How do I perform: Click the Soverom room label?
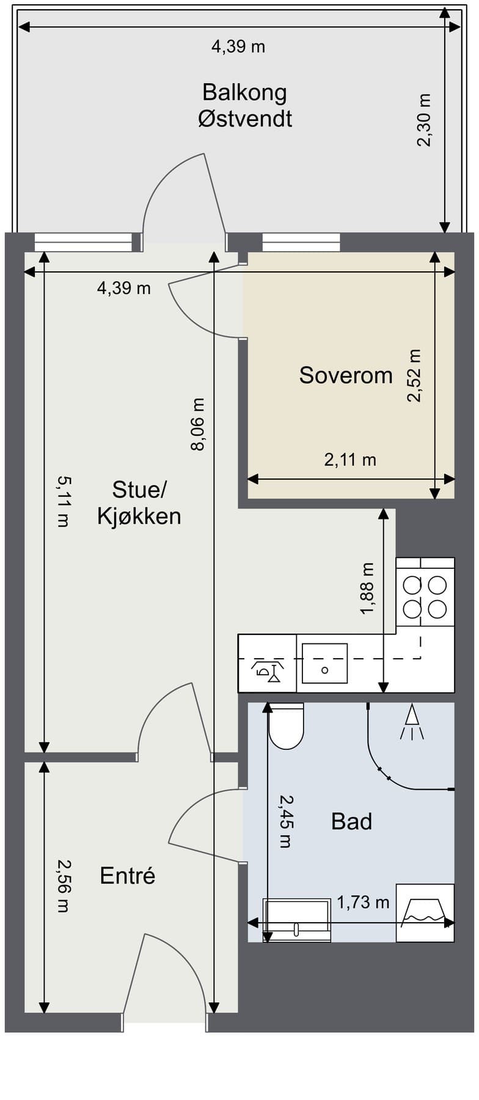346,375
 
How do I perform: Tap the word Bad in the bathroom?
351,821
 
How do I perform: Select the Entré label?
128,876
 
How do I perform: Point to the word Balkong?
244,93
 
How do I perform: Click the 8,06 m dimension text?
198,424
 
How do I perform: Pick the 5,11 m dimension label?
63,501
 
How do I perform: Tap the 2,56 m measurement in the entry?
63,886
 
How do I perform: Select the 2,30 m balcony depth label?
423,120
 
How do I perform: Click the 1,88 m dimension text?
367,589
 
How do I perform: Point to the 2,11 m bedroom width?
350,460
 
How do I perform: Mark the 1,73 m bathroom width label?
363,902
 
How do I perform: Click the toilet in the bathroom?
287,726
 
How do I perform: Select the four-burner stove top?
425,596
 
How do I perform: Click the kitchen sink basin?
324,664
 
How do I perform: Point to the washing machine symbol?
425,912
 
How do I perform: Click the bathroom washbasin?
297,919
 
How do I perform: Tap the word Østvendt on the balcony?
245,118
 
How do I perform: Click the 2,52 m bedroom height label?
415,375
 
